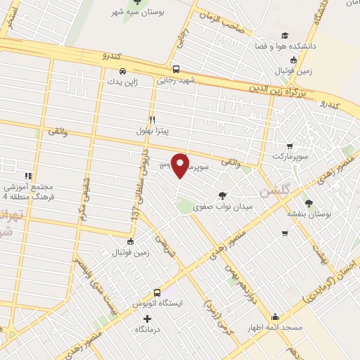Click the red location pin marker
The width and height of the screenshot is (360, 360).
pyautogui.click(x=181, y=166)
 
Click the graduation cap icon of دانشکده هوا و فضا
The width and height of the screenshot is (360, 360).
pyautogui.click(x=284, y=36)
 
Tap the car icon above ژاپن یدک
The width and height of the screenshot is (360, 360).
pyautogui.click(x=123, y=71)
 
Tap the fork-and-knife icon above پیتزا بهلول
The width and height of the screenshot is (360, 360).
pyautogui.click(x=152, y=119)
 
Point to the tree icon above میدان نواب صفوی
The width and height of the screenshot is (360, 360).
pyautogui.click(x=223, y=195)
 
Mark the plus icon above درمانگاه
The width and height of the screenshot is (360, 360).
pyautogui.click(x=146, y=318)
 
